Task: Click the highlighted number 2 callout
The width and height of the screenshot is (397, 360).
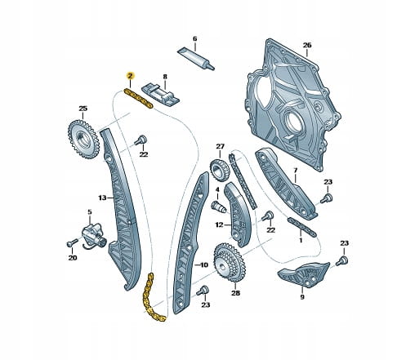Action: (130, 76)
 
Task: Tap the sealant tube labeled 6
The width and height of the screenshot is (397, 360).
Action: (196, 58)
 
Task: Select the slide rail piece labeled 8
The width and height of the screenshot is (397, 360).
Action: (160, 96)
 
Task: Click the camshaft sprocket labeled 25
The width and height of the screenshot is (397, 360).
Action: (83, 139)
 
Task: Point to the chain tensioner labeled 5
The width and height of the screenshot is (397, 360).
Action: (94, 236)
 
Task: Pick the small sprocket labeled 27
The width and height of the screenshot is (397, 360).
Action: (220, 170)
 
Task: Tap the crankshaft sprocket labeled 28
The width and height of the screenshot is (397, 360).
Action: (230, 262)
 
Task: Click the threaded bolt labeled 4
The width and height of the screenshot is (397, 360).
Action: (219, 207)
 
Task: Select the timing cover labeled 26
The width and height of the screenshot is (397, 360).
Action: (292, 104)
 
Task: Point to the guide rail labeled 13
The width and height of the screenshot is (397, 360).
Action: (122, 210)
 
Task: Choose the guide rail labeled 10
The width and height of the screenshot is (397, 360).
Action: (190, 243)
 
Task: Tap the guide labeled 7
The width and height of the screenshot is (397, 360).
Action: (286, 184)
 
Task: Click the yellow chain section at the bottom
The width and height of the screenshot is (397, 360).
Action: (151, 299)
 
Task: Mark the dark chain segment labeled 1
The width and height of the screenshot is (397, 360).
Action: (302, 227)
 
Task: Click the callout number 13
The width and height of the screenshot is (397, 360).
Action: (102, 198)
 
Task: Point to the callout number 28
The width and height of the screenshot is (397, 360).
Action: (236, 293)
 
